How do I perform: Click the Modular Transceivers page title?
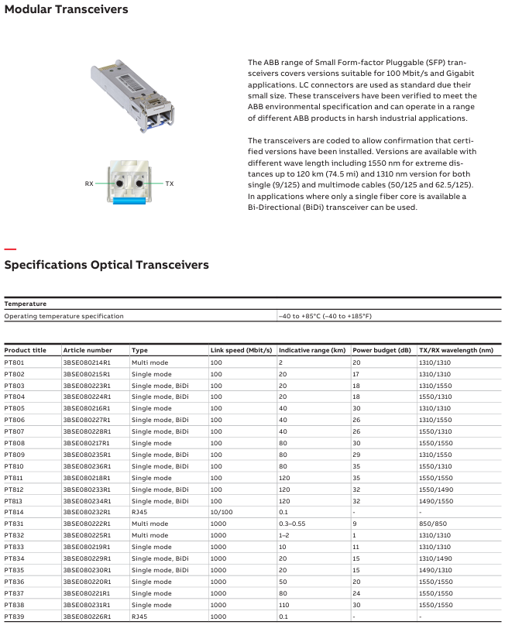[x=66, y=10]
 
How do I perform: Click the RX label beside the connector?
[x=89, y=184]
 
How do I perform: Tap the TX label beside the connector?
[x=169, y=184]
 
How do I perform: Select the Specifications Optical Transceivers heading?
[x=107, y=265]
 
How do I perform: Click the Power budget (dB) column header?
[x=382, y=351]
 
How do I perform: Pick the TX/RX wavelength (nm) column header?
[x=455, y=351]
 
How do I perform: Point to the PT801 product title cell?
[x=15, y=362]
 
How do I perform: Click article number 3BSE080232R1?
[x=87, y=512]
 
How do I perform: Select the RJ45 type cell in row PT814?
[x=140, y=512]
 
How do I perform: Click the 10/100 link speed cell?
[x=222, y=512]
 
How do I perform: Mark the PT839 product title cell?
[x=15, y=616]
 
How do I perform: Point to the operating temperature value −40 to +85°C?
[x=325, y=316]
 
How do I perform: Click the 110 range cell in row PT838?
[x=283, y=604]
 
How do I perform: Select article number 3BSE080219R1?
[x=87, y=547]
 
